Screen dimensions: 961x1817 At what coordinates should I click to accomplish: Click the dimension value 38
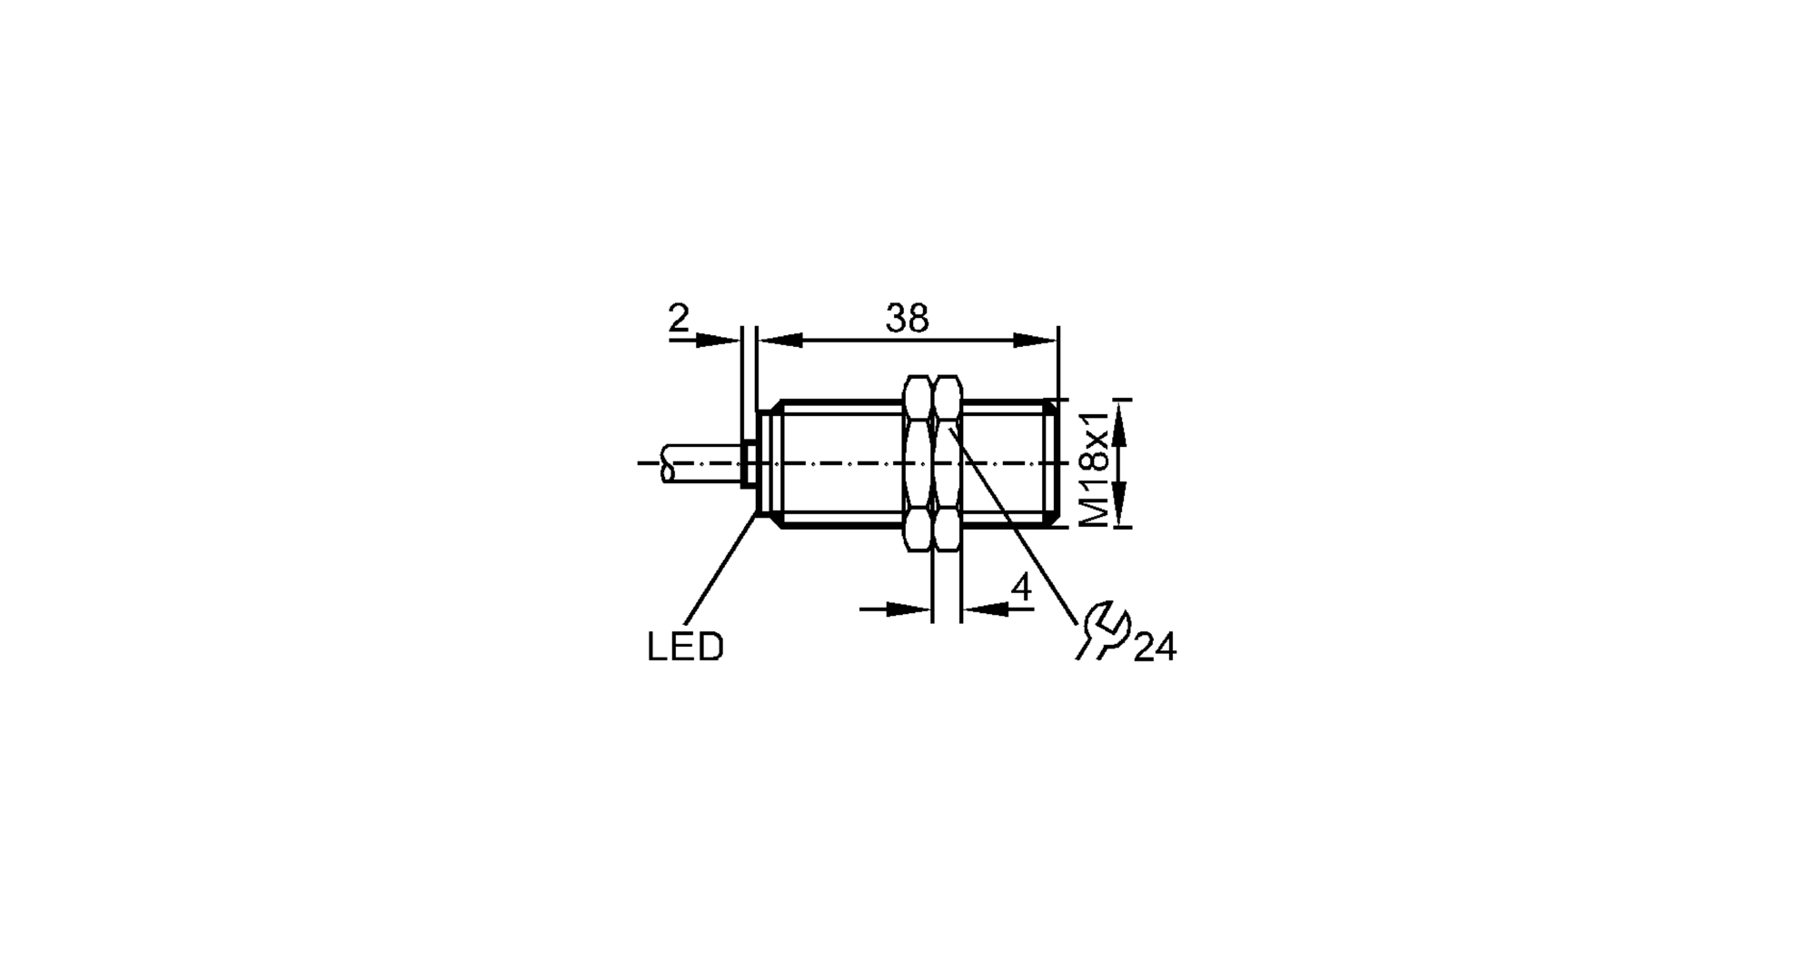907,319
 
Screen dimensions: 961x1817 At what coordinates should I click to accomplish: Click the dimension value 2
679,319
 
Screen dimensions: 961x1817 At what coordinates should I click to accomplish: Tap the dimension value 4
1022,589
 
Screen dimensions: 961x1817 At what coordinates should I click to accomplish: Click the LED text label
685,647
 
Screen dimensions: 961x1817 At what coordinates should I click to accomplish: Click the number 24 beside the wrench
1155,648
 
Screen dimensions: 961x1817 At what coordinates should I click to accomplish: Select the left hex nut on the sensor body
918,463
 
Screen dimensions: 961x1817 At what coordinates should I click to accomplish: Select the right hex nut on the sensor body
948,463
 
